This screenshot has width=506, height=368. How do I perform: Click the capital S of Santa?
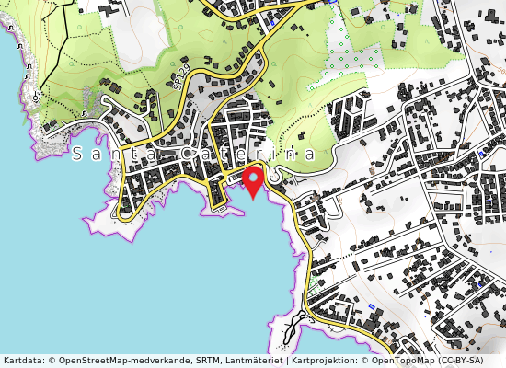78,155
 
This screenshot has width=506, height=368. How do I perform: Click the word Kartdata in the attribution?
22,361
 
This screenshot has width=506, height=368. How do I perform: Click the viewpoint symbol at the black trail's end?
35,96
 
